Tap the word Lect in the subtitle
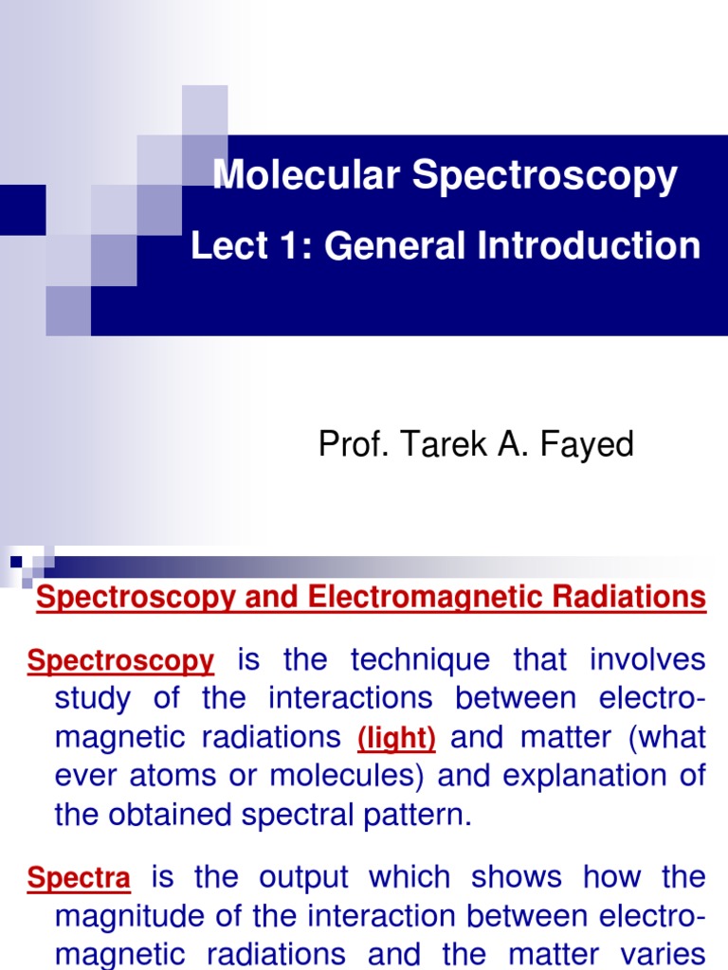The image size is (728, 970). pos(224,246)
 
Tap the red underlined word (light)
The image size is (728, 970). pos(395,738)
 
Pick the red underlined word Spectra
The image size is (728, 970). pos(79,878)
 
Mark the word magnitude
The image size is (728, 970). pos(123,917)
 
